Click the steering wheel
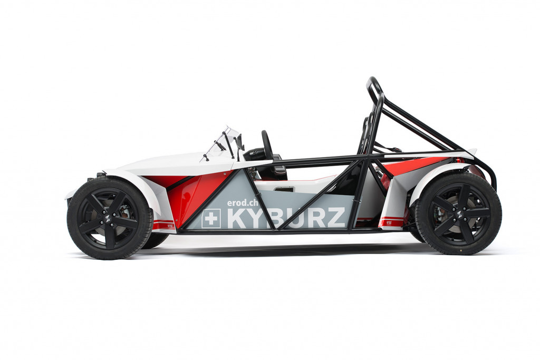point(267,145)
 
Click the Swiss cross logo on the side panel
point(211,218)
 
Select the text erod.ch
point(243,202)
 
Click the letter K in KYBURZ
point(236,218)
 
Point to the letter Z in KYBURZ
point(336,217)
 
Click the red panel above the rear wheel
point(417,164)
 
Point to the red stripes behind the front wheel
point(163,225)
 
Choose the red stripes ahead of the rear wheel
point(392,222)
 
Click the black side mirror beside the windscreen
point(240,141)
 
